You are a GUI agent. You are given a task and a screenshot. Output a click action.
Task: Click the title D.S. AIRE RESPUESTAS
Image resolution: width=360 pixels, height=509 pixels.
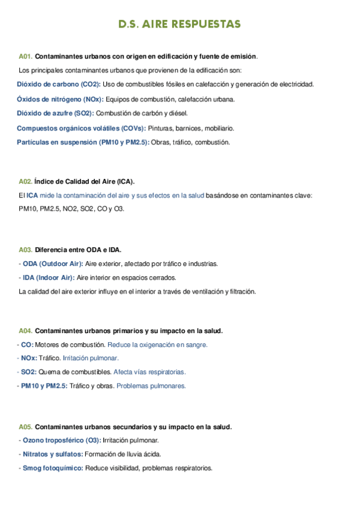[179, 24]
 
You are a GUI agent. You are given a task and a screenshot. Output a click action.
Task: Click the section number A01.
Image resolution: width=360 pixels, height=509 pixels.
[25, 56]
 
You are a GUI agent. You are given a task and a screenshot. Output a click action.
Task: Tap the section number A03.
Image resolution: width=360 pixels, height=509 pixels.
[25, 249]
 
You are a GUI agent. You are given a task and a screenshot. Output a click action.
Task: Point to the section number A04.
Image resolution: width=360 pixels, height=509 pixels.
[25, 331]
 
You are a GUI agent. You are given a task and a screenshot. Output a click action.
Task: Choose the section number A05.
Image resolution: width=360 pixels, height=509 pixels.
[25, 427]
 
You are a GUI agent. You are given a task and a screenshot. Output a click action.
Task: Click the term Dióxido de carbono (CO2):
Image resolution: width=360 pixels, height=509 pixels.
[59, 84]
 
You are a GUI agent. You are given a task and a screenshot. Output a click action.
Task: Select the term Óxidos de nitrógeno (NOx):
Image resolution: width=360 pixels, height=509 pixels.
[60, 99]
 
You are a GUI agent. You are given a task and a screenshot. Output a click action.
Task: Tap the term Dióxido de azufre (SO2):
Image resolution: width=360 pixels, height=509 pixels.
[55, 113]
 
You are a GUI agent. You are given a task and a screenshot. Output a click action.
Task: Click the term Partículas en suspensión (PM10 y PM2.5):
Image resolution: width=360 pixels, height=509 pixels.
[83, 142]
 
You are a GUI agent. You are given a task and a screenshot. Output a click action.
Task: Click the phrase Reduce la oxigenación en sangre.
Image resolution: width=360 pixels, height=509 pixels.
[157, 345]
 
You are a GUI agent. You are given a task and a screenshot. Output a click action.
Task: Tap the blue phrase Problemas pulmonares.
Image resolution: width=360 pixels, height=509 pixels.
[151, 386]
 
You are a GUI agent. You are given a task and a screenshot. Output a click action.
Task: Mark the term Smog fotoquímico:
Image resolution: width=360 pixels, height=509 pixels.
[53, 468]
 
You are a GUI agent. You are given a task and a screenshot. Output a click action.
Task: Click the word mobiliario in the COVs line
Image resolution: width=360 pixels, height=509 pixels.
[219, 128]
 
